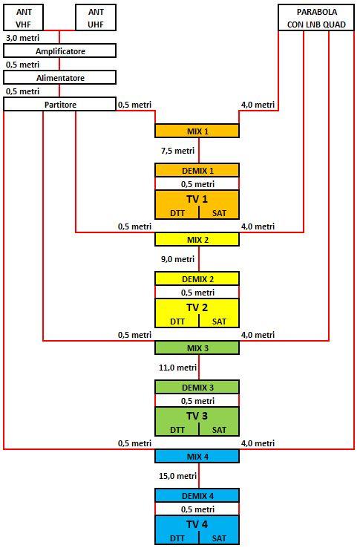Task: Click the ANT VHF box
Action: [x=24, y=18]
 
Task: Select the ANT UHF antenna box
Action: [x=96, y=18]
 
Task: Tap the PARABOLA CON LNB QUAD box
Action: [x=316, y=18]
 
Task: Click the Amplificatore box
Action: [x=60, y=51]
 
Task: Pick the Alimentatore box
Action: [x=60, y=77]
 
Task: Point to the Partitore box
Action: [x=60, y=104]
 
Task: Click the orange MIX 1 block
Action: [x=197, y=131]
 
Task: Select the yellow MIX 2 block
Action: [x=197, y=239]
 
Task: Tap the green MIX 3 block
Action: [x=197, y=348]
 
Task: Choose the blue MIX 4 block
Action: [x=197, y=456]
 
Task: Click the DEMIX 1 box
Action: [x=197, y=171]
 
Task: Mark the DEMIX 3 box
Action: [x=197, y=387]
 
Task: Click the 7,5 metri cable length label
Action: [x=177, y=151]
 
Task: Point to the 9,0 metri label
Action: [x=177, y=259]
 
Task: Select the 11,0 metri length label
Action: [x=177, y=368]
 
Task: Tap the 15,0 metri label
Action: [x=177, y=476]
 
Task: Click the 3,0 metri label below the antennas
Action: [x=23, y=37]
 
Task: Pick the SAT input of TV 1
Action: [x=219, y=213]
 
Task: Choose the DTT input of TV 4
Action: [x=177, y=538]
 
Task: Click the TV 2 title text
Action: [x=197, y=307]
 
